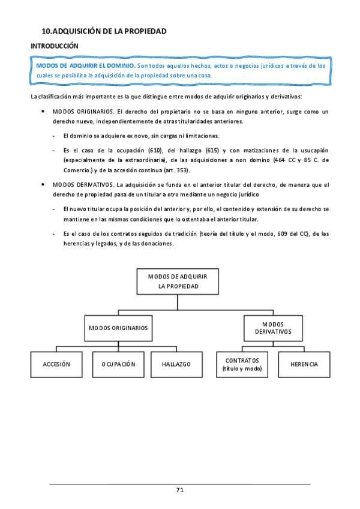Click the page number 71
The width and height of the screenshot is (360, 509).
pos(180,490)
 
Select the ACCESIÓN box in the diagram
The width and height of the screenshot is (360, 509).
pos(57,364)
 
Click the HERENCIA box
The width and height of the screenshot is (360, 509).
pos(304,364)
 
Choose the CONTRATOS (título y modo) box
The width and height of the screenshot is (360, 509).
pos(242,364)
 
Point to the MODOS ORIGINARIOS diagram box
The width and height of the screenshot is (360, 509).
pos(118,328)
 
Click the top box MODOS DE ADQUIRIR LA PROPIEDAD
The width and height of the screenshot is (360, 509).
pos(178,282)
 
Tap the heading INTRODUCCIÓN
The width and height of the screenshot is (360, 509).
pos(55,46)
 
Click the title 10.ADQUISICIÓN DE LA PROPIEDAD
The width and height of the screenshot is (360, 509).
pos(104,31)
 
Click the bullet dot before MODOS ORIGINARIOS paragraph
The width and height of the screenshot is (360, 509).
pos(41,112)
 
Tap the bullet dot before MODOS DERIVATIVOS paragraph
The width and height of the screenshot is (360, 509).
pos(41,185)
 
